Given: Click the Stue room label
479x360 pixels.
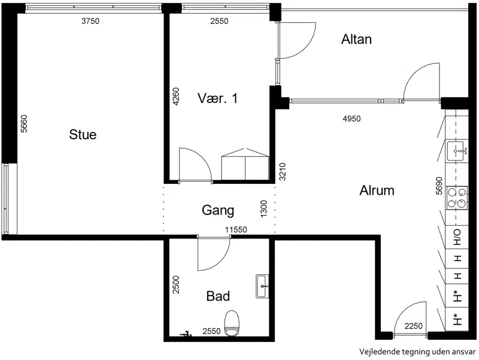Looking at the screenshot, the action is [x=83, y=134].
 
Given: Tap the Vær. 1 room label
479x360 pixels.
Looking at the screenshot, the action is [x=217, y=98].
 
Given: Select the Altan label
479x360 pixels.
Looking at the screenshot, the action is [x=356, y=39].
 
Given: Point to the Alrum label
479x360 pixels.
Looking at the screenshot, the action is [x=377, y=190].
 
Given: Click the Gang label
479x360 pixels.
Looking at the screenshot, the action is [x=218, y=211].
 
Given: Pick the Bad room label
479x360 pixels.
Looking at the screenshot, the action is [x=218, y=296].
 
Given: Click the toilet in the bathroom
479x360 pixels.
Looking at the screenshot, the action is [x=232, y=323].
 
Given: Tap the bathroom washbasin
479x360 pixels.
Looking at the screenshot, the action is [x=262, y=286].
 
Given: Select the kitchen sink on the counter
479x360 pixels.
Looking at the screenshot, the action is [x=457, y=151].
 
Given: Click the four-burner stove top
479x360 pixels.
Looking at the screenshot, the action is [x=457, y=198].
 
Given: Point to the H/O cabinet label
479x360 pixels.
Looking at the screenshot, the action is [x=457, y=237].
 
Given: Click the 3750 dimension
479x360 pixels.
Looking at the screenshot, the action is [x=90, y=21].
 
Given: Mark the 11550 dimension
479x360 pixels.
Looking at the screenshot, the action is [x=236, y=229].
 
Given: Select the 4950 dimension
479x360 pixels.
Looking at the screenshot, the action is [x=351, y=119].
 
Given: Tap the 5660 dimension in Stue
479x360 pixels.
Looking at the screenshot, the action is [x=24, y=123].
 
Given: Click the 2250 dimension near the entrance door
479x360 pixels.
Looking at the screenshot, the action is [x=413, y=326].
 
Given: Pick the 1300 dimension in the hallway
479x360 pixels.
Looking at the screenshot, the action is [x=263, y=208].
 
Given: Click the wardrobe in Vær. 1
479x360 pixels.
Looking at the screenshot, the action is [x=245, y=164].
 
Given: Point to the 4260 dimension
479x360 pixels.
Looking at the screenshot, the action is [x=176, y=96].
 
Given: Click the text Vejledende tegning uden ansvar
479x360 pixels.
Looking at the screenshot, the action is [x=417, y=352].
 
